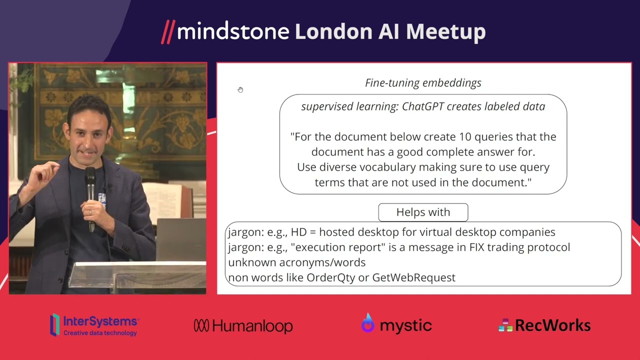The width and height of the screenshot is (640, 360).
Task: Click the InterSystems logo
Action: click(x=94, y=325)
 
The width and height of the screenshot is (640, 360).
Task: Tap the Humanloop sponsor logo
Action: click(x=243, y=326)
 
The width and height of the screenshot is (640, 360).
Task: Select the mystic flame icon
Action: click(x=367, y=323)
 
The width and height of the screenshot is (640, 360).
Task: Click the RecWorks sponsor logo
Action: click(x=544, y=325)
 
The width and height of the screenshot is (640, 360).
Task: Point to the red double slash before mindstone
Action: click(x=167, y=32)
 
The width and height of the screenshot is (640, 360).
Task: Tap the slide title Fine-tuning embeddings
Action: click(x=423, y=83)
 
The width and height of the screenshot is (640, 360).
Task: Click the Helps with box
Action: click(x=423, y=212)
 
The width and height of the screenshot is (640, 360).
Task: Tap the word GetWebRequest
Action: click(x=413, y=277)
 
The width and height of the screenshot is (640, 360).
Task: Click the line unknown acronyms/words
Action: click(x=296, y=262)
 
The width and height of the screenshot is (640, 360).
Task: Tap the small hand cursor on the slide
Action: click(x=240, y=90)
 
